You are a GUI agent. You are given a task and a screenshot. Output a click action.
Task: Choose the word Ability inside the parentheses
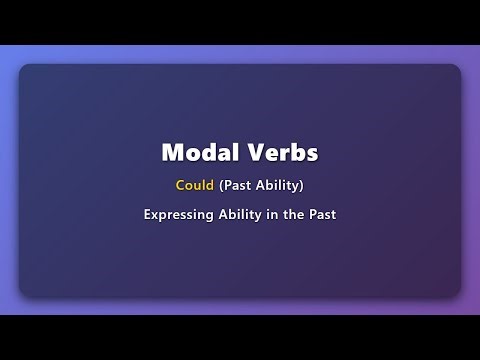(280, 185)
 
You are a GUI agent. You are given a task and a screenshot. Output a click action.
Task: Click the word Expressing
(179, 214)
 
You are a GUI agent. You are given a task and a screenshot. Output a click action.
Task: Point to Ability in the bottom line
(242, 214)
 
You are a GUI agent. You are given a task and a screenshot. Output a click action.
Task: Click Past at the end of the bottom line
(323, 214)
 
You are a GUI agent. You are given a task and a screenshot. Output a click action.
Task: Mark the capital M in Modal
(171, 153)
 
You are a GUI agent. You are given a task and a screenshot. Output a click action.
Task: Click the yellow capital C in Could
(179, 185)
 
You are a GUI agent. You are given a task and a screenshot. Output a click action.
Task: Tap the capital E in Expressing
(147, 214)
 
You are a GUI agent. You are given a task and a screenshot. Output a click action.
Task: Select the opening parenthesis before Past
(221, 185)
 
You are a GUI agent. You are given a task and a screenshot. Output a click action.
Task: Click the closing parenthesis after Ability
(302, 185)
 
